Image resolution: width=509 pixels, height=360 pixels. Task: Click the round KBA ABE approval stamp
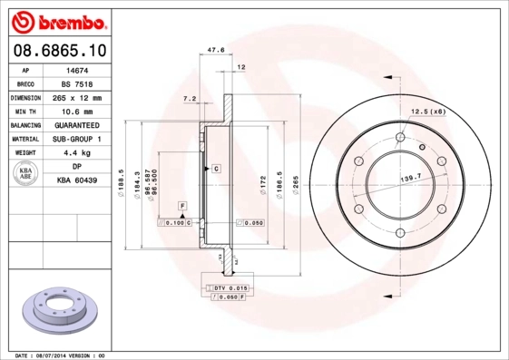[x=26, y=175]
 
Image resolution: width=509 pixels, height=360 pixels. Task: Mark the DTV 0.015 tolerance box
[x=227, y=287]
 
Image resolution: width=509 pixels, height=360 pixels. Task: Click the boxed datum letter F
[x=182, y=208]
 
